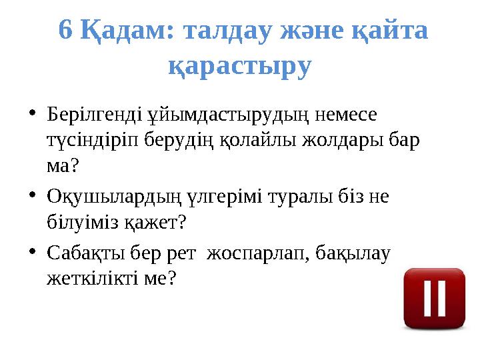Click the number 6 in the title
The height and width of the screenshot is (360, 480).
click(x=65, y=30)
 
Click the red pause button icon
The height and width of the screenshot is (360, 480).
click(x=434, y=298)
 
